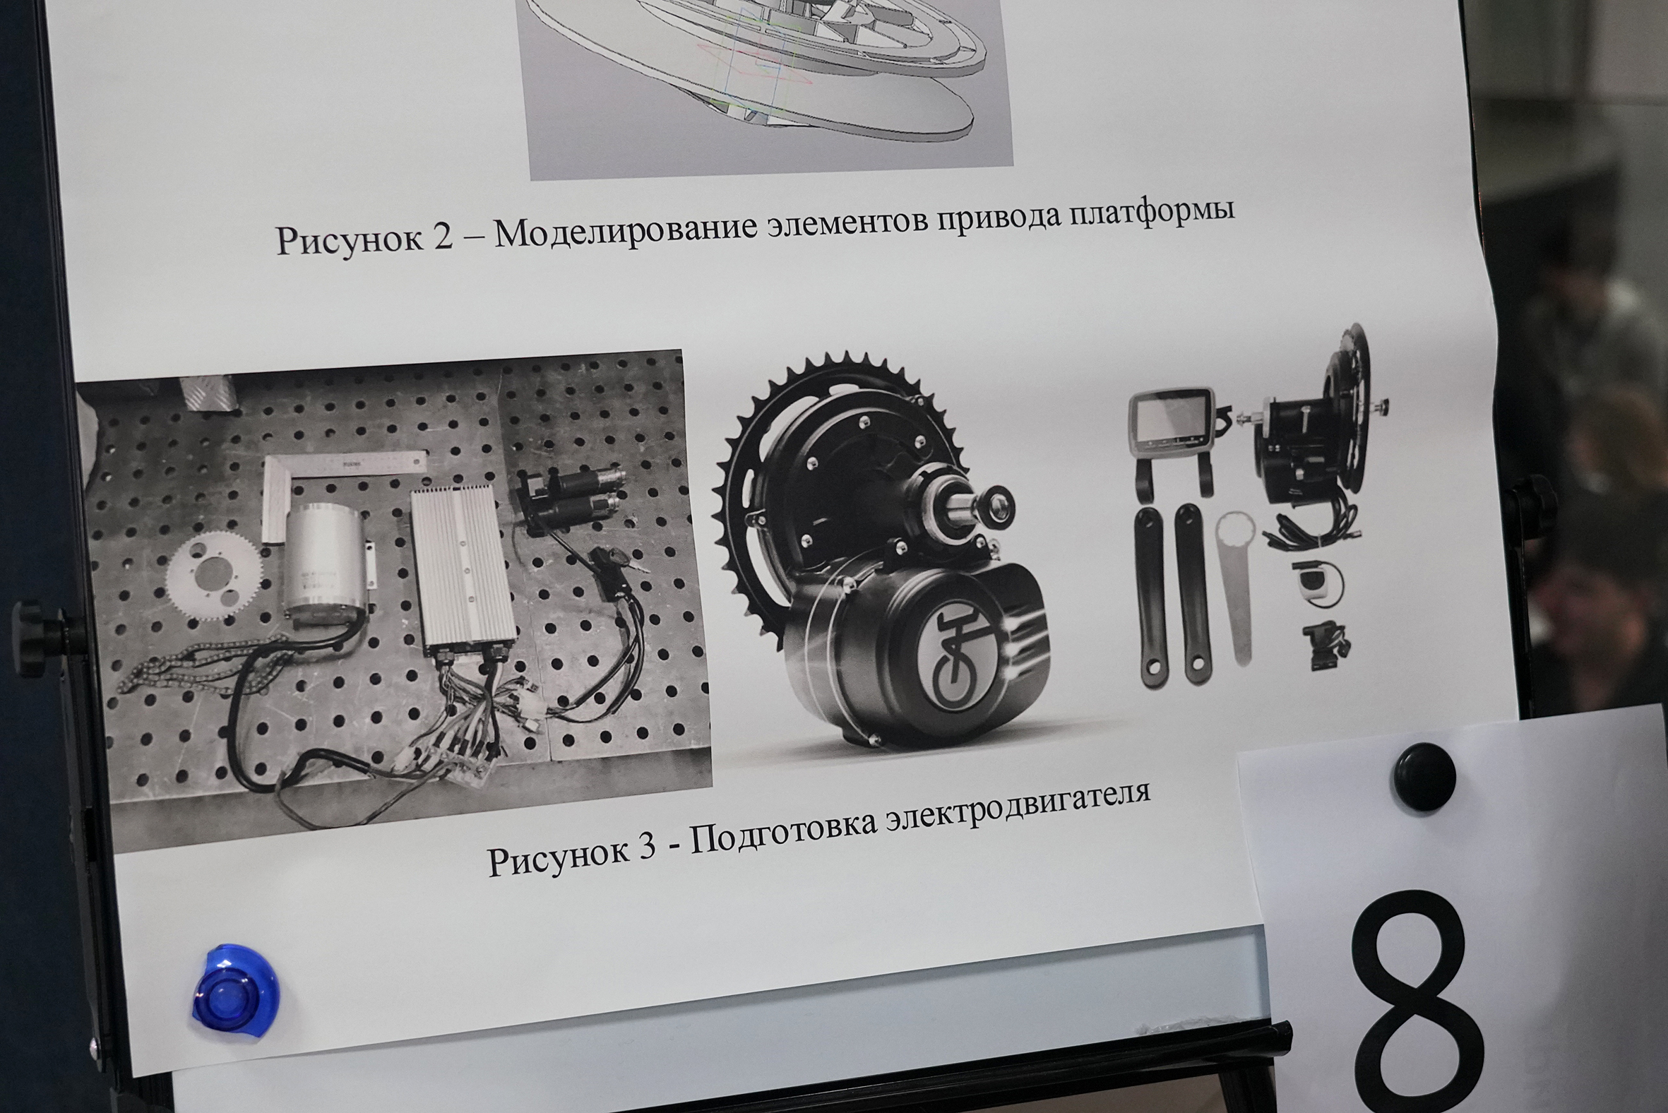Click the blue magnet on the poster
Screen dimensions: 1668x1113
(236, 992)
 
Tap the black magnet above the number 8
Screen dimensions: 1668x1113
(1423, 777)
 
